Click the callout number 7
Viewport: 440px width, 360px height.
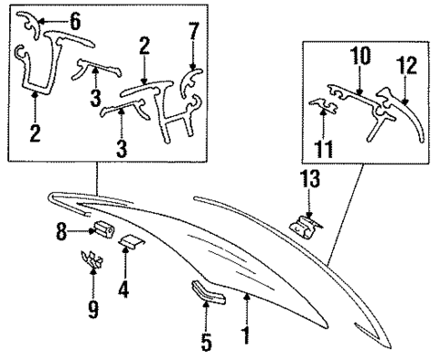191,34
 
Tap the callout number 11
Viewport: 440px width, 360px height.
321,144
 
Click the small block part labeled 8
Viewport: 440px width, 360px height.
101,230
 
